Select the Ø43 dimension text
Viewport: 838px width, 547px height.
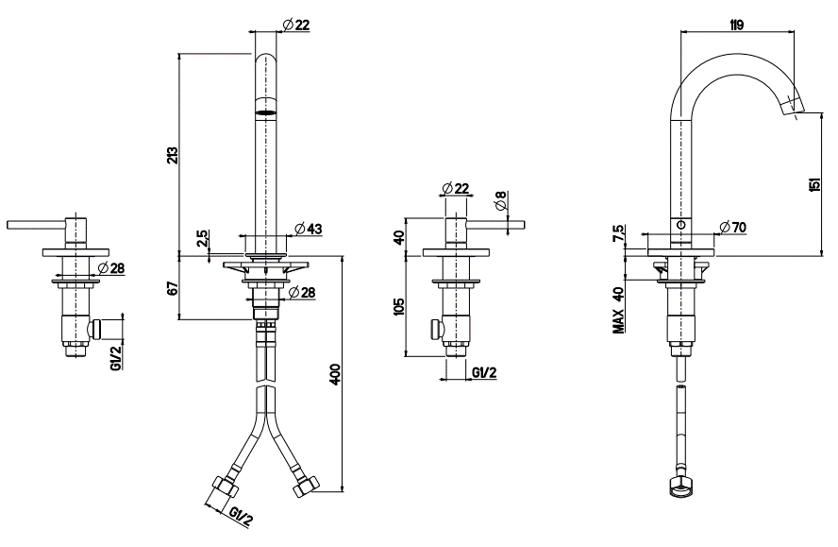pos(309,228)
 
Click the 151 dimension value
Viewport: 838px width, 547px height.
pos(814,185)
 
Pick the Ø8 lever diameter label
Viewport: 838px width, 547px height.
pos(500,200)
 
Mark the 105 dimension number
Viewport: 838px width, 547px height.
pos(399,308)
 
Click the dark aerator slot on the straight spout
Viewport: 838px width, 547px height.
pos(268,112)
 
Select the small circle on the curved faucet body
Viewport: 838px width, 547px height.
pos(681,226)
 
